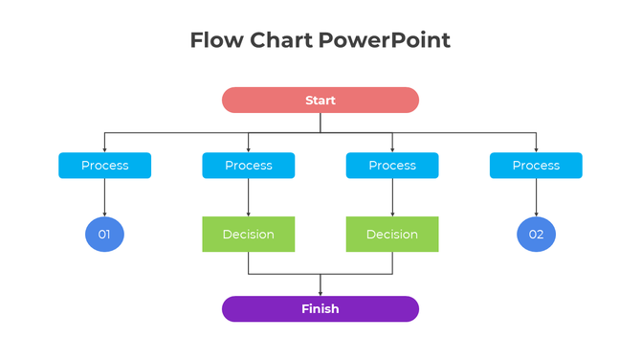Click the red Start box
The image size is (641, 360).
point(320,101)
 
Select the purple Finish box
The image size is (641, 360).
point(320,309)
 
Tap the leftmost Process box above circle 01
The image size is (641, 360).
point(104,166)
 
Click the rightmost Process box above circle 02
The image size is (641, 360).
point(536,166)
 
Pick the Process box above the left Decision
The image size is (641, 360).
point(249,166)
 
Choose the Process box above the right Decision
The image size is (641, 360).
point(392,166)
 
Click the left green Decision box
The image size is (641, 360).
point(249,235)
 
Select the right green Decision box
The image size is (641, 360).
point(392,235)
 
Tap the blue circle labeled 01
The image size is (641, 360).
point(104,235)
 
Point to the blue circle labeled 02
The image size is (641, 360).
point(536,235)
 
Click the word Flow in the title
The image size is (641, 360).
point(216,40)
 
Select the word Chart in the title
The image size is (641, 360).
point(281,40)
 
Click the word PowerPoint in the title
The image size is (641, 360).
point(385,40)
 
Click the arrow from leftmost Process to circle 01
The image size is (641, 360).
point(104,198)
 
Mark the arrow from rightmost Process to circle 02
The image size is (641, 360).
point(536,198)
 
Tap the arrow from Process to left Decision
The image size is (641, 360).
point(249,198)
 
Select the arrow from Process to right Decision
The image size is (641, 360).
point(392,198)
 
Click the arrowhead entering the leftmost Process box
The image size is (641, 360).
point(104,149)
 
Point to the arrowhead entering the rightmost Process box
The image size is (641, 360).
point(536,149)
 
